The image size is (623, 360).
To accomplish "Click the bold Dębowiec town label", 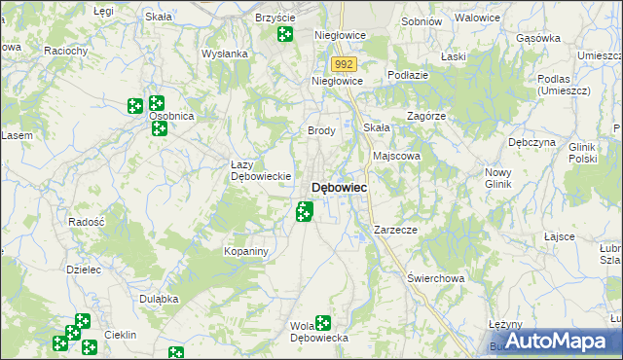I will tap(339, 187).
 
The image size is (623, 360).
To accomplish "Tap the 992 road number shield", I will tap(343, 64).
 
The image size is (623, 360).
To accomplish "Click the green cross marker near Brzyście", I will tap(284, 35).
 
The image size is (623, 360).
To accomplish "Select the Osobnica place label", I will tap(172, 116).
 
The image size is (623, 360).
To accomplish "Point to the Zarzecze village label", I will tap(395, 230).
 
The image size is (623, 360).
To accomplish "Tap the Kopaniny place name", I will tap(245, 251).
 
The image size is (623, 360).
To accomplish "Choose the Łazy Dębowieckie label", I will tap(261, 170).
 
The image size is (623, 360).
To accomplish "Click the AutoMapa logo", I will tap(555, 341).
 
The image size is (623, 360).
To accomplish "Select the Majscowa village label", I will tap(396, 155).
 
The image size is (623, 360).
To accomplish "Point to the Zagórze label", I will tap(426, 115).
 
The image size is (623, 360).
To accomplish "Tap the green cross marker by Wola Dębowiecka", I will tap(322, 323).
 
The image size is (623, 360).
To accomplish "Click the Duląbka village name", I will tap(158, 299).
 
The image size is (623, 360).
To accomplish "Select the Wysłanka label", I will tap(225, 54).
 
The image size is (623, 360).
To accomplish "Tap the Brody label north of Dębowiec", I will tap(321, 130).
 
